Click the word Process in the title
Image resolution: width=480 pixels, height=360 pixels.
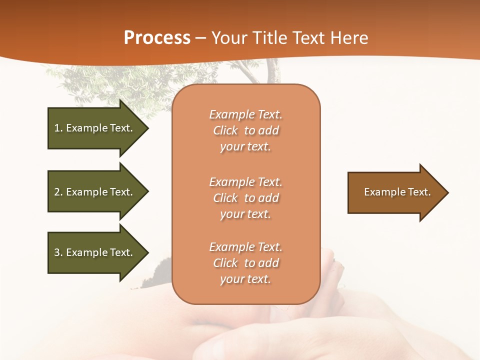[157, 38]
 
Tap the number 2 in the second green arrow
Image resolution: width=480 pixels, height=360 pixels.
[57, 192]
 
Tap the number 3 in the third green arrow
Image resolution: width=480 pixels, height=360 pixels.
[57, 252]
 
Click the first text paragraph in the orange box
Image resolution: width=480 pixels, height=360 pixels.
[245, 130]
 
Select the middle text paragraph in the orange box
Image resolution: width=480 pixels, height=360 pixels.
[245, 198]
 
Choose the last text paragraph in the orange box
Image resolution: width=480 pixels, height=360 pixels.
[245, 263]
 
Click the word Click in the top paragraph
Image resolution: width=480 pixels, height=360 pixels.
[225, 130]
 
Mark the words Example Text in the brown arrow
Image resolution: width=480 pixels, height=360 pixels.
[397, 192]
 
